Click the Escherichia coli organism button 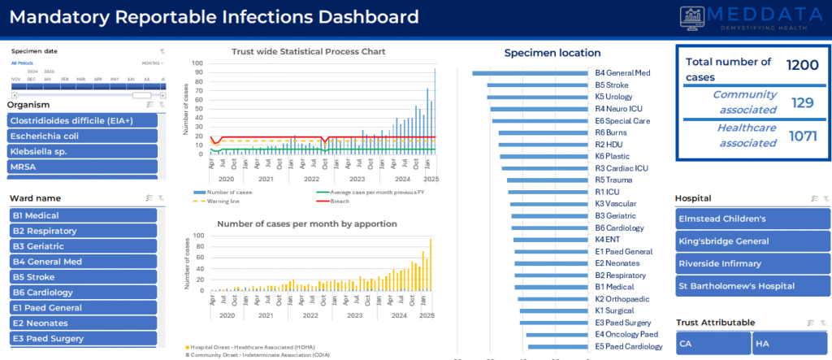tap(82, 136)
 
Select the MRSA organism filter tap(82, 167)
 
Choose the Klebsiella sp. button tap(82, 151)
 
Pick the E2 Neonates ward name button tap(82, 323)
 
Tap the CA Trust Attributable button tap(713, 344)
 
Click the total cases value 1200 tap(802, 66)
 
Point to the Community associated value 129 tap(803, 102)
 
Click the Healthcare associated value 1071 tap(803, 136)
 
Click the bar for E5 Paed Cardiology tap(563, 347)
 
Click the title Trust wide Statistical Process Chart tap(308, 51)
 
